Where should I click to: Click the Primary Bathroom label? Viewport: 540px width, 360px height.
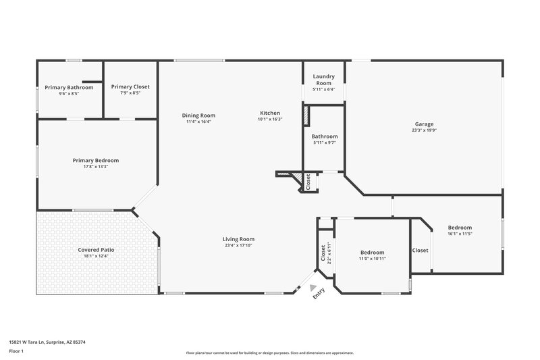pyautogui.click(x=69, y=87)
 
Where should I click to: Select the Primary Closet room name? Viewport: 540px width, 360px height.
pyautogui.click(x=130, y=86)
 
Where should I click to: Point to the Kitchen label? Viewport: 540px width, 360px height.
pyautogui.click(x=270, y=113)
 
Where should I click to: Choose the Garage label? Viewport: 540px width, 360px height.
pyautogui.click(x=424, y=124)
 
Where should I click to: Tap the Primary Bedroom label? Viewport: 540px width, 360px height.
pyautogui.click(x=96, y=160)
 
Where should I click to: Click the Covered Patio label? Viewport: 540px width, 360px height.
pyautogui.click(x=96, y=250)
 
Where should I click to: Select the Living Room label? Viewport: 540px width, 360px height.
pyautogui.click(x=239, y=239)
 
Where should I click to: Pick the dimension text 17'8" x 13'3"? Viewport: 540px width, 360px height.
pyautogui.click(x=96, y=166)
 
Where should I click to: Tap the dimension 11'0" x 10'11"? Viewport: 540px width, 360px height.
pyautogui.click(x=372, y=258)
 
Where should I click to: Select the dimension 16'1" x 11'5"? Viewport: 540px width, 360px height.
pyautogui.click(x=460, y=234)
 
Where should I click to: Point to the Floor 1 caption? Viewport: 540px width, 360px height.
pyautogui.click(x=16, y=351)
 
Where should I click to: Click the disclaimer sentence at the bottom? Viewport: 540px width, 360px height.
pyautogui.click(x=269, y=353)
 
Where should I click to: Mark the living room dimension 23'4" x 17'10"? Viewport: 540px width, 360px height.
pyautogui.click(x=239, y=245)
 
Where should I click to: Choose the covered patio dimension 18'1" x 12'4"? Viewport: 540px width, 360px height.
pyautogui.click(x=96, y=256)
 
